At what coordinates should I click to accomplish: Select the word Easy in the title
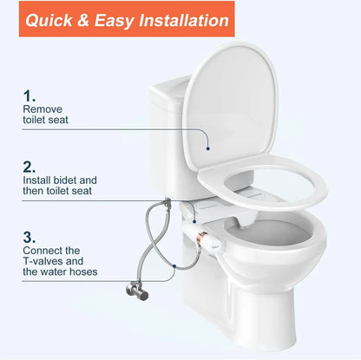[x=124, y=20]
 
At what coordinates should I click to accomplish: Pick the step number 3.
[x=30, y=235]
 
